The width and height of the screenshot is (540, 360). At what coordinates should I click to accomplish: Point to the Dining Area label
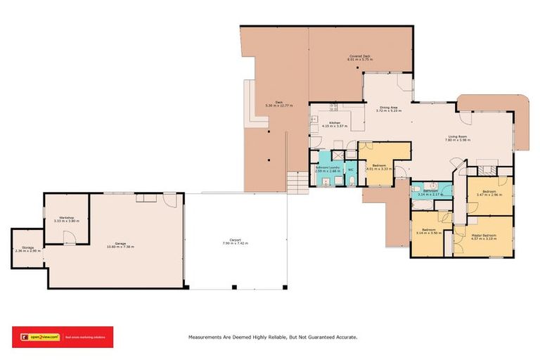point(387,108)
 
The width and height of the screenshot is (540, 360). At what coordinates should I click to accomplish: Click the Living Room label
point(457,138)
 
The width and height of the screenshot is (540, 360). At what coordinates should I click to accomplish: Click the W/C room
point(351,169)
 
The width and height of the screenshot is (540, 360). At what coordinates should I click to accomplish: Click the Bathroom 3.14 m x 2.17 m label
point(431,192)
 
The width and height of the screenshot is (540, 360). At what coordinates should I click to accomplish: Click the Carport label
point(236,240)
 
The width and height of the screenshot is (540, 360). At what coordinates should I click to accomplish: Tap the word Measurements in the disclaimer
point(207,337)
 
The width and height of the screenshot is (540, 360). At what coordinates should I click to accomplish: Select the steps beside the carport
point(297,184)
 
